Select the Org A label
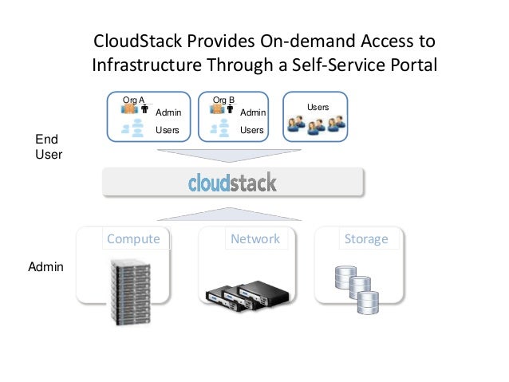point(132,100)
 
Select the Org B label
point(223,100)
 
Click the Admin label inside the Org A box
point(168,113)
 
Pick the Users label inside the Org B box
point(252,129)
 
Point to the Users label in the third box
point(318,107)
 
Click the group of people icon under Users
point(317,124)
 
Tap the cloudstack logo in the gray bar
point(232,183)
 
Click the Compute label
point(133,238)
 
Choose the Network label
point(254,238)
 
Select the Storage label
point(365,238)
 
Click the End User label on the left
point(49,147)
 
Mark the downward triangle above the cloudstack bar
point(232,156)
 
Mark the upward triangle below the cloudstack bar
point(232,215)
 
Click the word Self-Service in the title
point(329,65)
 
